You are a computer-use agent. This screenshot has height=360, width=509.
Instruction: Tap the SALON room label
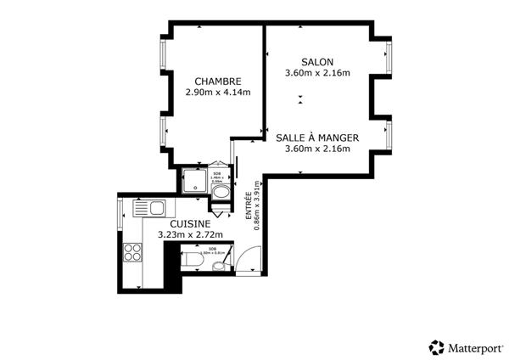click(x=316, y=62)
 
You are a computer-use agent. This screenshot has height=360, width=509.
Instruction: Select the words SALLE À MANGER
click(x=316, y=138)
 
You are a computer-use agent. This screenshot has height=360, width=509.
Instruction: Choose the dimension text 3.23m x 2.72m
click(x=191, y=234)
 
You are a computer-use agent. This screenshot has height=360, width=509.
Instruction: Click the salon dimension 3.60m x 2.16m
click(x=316, y=73)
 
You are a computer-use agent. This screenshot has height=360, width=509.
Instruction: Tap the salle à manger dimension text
click(x=316, y=149)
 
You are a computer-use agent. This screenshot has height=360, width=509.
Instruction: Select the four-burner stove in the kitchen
click(x=133, y=251)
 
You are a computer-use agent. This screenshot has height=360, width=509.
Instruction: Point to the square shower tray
click(x=193, y=181)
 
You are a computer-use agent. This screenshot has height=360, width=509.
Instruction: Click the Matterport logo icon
click(x=436, y=347)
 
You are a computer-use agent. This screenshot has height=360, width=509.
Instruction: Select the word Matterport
click(x=475, y=347)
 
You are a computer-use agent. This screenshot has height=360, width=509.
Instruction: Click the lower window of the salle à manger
click(x=388, y=135)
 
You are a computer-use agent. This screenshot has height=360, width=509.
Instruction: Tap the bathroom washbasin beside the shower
click(x=222, y=193)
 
